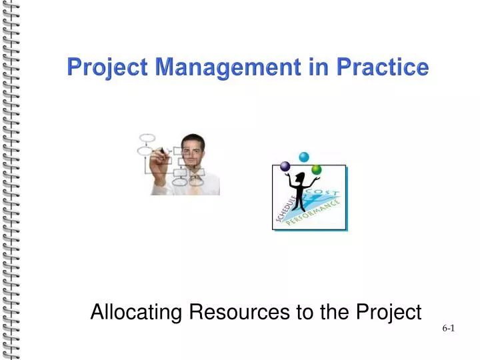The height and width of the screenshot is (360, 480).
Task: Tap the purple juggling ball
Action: click(285, 166)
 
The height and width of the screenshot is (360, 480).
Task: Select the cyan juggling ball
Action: click(304, 157)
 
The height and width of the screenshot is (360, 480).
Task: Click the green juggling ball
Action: click(317, 169)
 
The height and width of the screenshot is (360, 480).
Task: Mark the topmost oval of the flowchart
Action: click(146, 138)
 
